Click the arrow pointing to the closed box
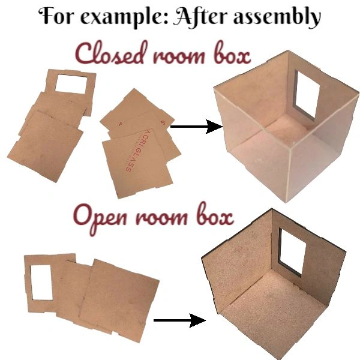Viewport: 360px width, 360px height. click(196, 127)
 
